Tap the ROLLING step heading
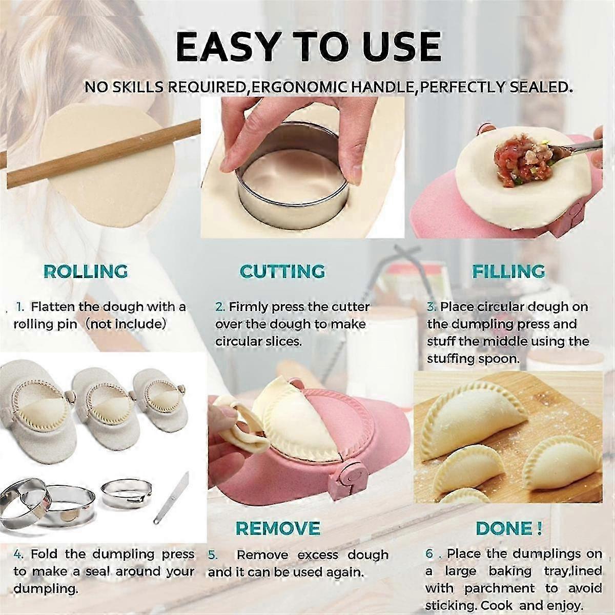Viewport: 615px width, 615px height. (86, 271)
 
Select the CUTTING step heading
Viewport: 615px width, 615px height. (283, 271)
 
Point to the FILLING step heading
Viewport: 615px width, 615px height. (509, 271)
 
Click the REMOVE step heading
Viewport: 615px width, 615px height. (278, 528)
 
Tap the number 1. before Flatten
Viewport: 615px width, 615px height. (20, 307)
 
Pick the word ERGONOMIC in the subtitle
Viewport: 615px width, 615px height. (295, 87)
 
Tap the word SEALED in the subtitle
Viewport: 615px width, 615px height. (538, 87)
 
